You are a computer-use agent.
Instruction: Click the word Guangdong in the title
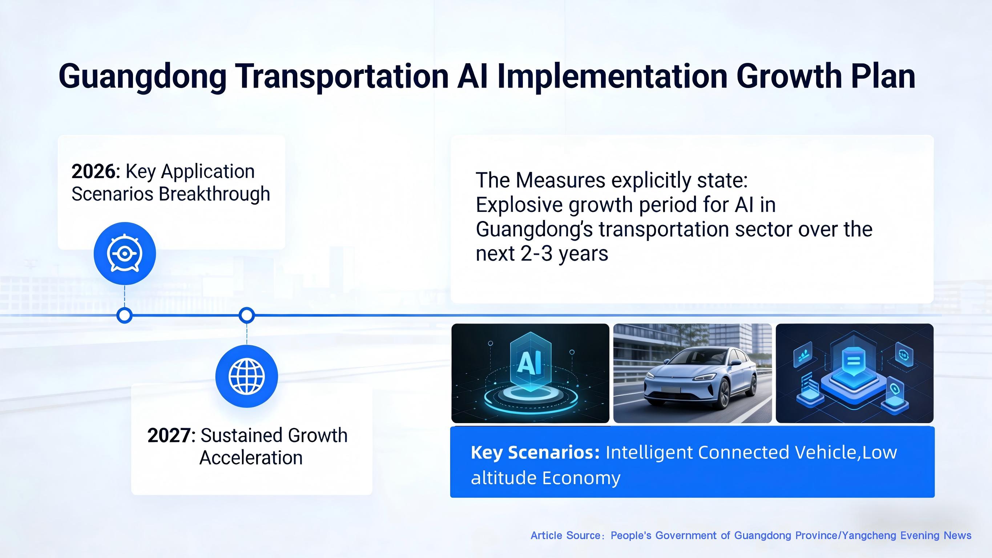pyautogui.click(x=142, y=77)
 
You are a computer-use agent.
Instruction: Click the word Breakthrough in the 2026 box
pyautogui.click(x=214, y=194)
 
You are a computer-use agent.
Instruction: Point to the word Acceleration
pyautogui.click(x=251, y=458)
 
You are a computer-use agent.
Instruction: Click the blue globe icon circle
pyautogui.click(x=246, y=376)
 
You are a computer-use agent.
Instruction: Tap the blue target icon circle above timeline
pyautogui.click(x=124, y=254)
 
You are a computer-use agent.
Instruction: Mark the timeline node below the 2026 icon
pyautogui.click(x=124, y=316)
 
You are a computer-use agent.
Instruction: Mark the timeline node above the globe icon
pyautogui.click(x=246, y=316)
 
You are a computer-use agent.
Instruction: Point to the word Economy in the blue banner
pyautogui.click(x=581, y=478)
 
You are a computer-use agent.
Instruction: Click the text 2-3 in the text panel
pyautogui.click(x=536, y=254)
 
